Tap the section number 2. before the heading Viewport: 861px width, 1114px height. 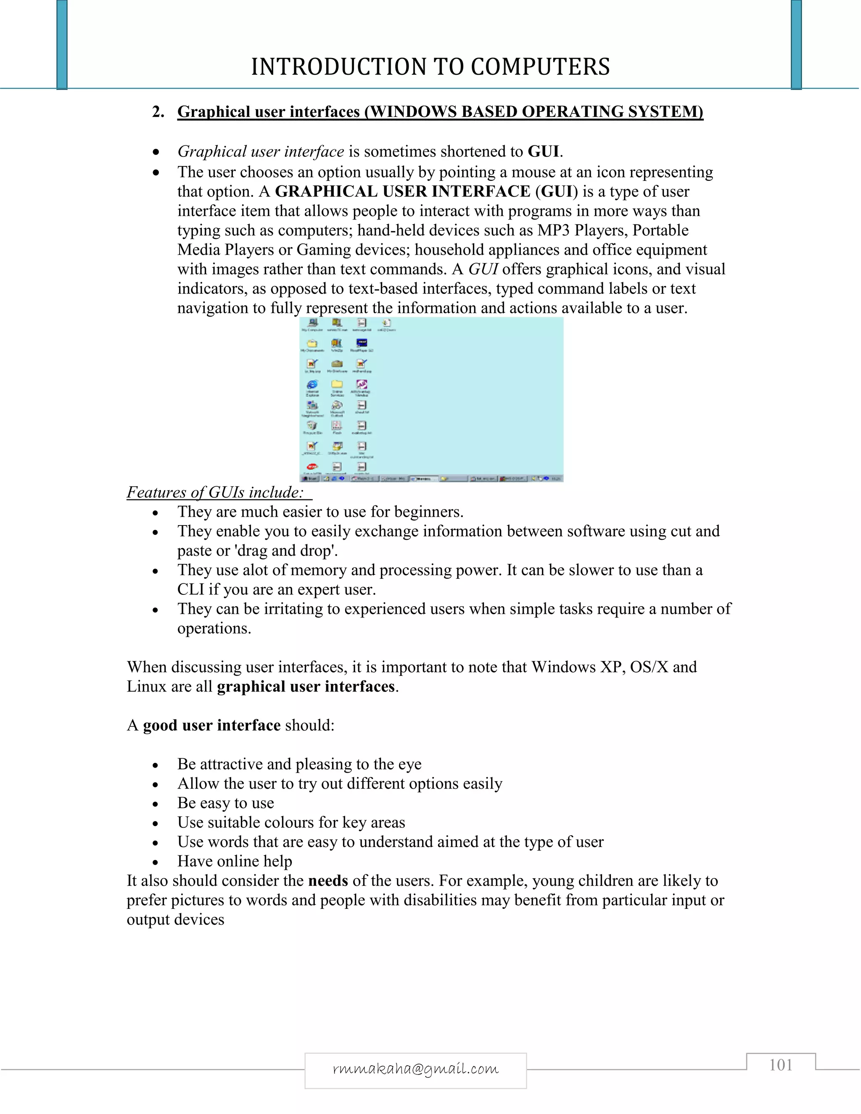point(158,112)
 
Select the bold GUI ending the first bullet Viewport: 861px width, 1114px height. point(544,151)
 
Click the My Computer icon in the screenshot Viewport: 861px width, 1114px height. point(312,323)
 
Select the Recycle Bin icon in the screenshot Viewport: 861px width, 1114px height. point(312,426)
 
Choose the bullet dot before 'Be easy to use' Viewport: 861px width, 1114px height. point(156,804)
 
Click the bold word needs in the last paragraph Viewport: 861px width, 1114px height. point(328,881)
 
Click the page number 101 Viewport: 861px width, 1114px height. point(780,1065)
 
